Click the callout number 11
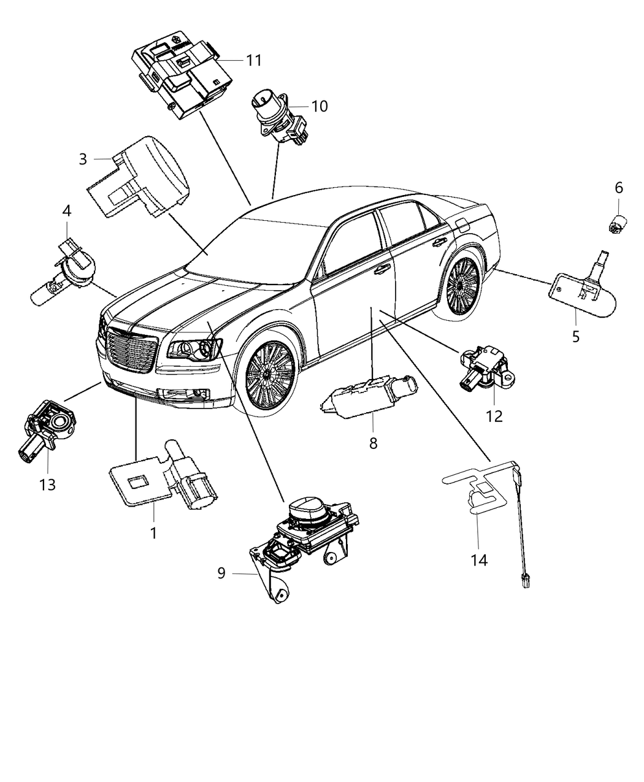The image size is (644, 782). [x=254, y=60]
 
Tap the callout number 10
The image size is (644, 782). [x=320, y=106]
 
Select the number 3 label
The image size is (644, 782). [x=83, y=159]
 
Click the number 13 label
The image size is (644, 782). [x=47, y=485]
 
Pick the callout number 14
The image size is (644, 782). [x=479, y=559]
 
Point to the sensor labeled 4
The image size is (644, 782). [x=67, y=274]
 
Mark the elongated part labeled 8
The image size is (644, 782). [x=369, y=396]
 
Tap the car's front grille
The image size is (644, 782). [x=131, y=347]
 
